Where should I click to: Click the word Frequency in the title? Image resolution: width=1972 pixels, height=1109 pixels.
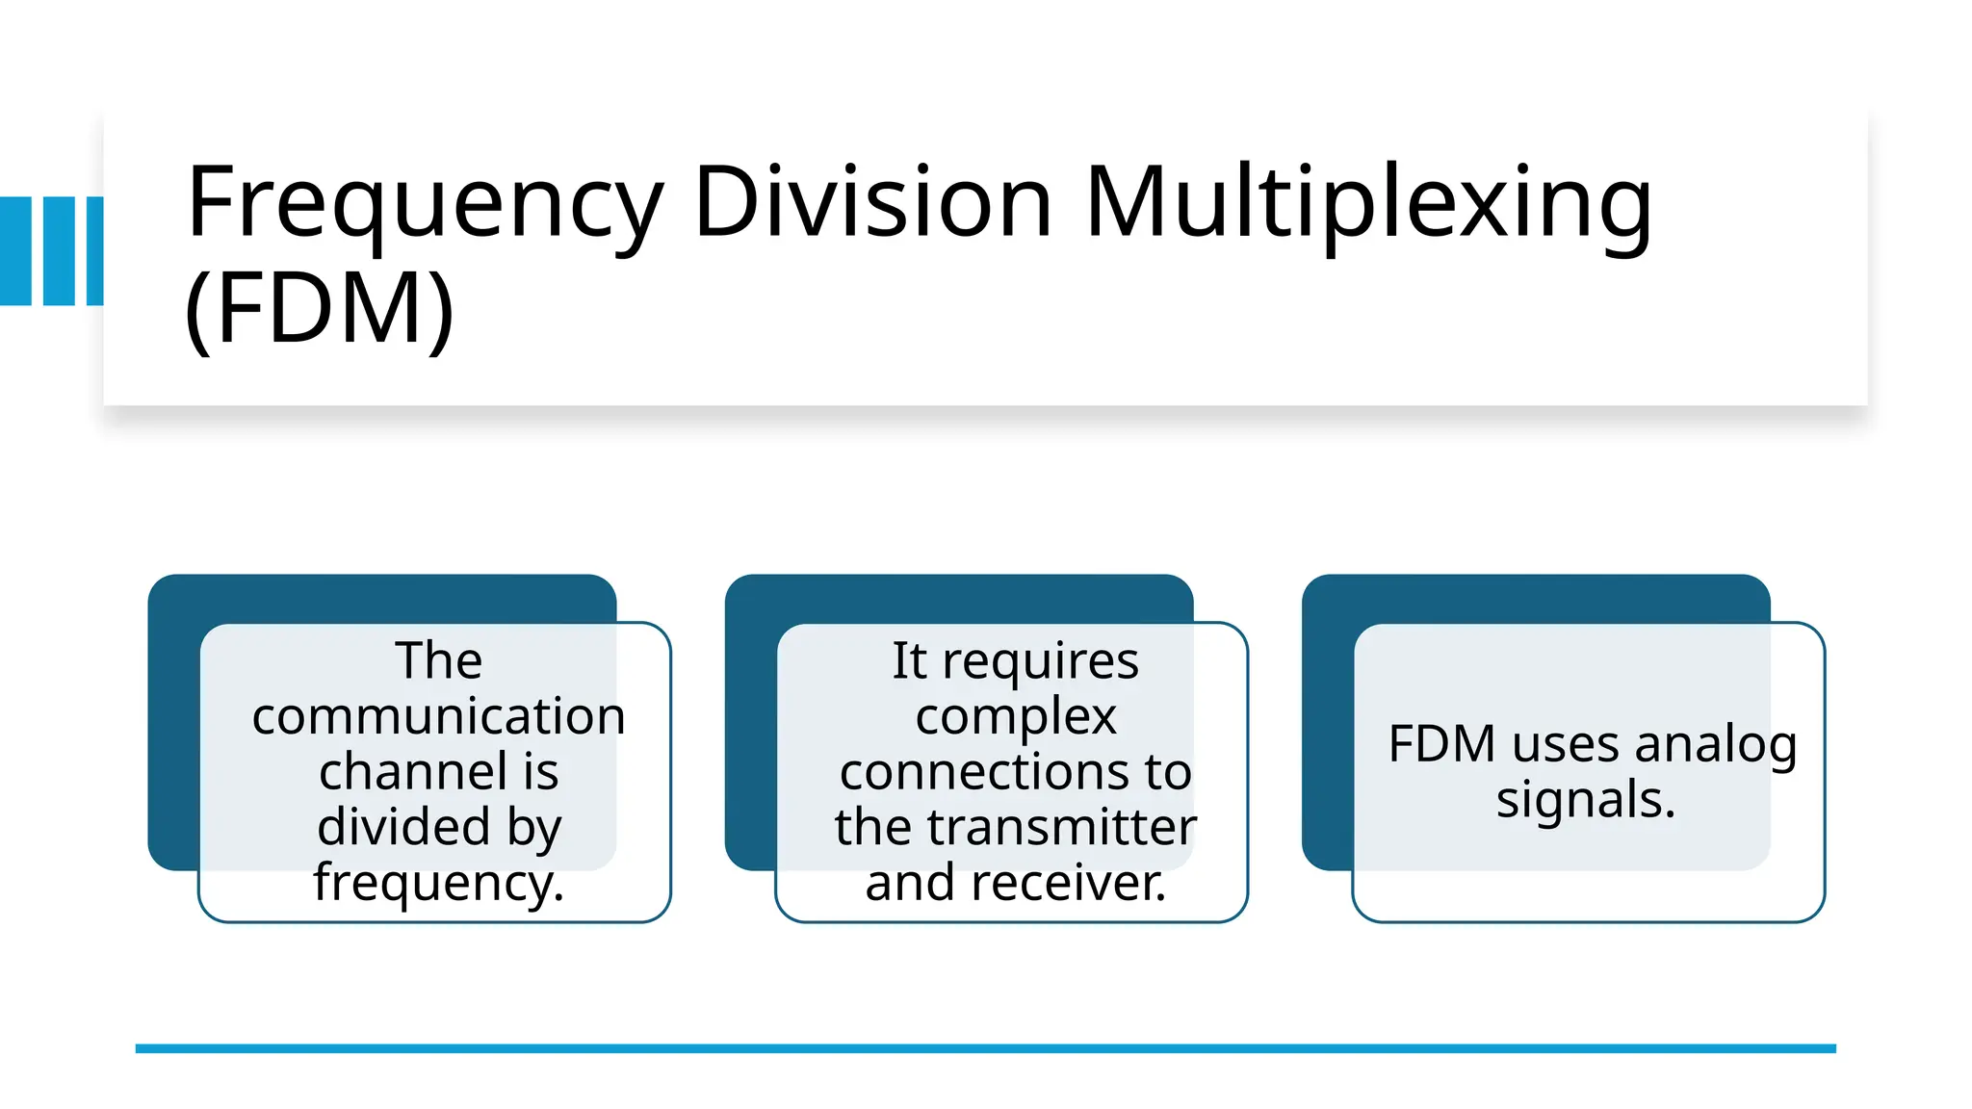tap(424, 205)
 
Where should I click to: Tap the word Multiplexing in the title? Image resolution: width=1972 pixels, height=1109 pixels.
tap(1367, 205)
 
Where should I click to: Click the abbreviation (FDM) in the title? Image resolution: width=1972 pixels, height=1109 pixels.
tap(319, 308)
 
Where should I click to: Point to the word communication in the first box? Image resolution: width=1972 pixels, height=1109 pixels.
tap(438, 716)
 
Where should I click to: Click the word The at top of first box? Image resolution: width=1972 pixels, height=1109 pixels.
tap(438, 660)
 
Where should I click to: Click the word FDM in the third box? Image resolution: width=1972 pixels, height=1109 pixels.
tap(1441, 744)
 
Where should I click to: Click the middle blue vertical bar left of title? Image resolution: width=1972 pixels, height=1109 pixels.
tap(59, 251)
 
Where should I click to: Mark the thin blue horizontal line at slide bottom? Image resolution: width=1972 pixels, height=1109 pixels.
tap(985, 1048)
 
